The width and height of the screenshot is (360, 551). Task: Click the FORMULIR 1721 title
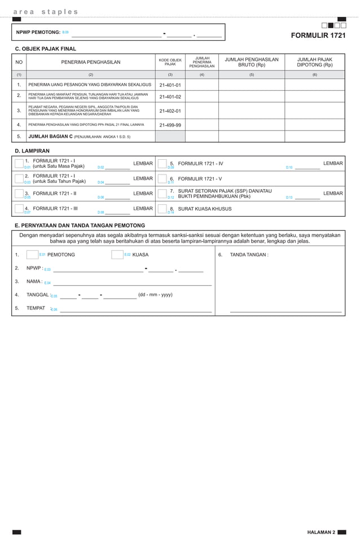318,36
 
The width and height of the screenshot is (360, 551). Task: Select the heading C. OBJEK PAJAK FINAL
45,49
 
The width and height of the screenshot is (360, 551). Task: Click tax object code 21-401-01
170,85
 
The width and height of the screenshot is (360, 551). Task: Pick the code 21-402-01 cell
170,111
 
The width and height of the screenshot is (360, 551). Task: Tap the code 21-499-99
170,125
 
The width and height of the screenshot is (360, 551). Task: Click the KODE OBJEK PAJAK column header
170,62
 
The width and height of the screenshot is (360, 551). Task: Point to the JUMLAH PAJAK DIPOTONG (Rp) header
314,62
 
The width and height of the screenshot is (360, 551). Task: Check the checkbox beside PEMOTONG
32,255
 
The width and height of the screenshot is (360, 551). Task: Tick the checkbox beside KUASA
117,255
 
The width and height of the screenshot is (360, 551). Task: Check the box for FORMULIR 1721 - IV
163,164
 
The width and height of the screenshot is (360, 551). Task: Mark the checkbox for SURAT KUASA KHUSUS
163,209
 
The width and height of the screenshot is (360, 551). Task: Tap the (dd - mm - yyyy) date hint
155,295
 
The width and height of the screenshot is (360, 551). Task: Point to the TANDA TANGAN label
249,255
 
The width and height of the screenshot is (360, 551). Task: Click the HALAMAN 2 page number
321,532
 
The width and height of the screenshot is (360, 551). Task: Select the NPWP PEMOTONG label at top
38,32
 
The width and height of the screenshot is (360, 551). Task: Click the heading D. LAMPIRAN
32,151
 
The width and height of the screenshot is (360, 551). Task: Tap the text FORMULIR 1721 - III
55,208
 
